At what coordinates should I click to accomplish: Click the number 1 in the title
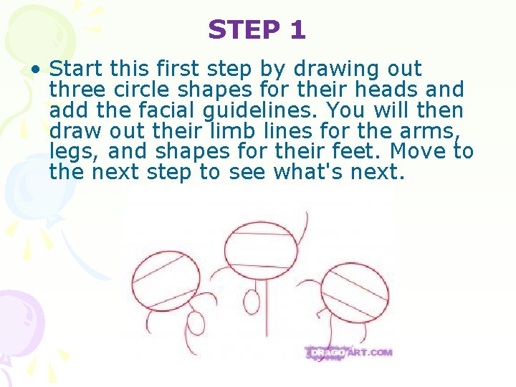click(297, 30)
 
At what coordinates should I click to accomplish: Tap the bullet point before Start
click(35, 70)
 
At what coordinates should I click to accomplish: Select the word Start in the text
click(75, 69)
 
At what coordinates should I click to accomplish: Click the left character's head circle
click(166, 280)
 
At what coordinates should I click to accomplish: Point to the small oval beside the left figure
click(195, 324)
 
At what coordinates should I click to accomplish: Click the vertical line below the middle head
click(267, 308)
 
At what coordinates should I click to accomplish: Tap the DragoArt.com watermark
click(350, 353)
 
